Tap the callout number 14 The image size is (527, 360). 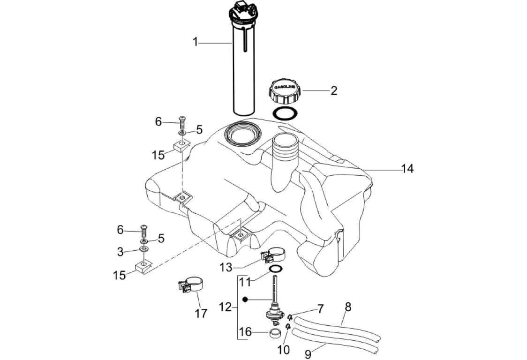click(407, 169)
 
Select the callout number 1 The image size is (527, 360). click(196, 42)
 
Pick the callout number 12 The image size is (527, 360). click(226, 307)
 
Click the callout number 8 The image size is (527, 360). click(347, 307)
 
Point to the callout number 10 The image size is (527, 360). click(283, 349)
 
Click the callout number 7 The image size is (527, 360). click(320, 309)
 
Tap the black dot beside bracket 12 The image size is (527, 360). click(244, 299)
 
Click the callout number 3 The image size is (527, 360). click(120, 252)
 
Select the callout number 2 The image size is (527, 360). click(333, 90)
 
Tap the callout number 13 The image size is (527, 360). click(226, 267)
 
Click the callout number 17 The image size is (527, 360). click(201, 314)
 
